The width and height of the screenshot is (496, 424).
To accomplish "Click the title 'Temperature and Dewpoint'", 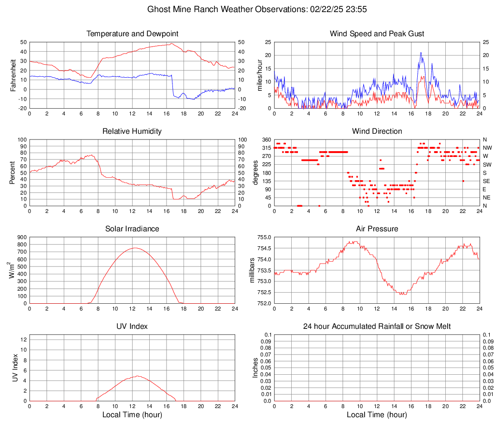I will point(132,34).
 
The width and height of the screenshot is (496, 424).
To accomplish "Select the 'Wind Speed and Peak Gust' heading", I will point(377,34).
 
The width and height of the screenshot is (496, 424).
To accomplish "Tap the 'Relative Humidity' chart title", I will point(132,131).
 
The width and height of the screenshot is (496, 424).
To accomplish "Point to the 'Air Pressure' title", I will point(377,229).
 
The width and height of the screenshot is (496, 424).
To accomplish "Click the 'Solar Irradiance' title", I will point(132,229).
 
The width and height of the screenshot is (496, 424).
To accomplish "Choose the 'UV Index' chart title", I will point(132,326).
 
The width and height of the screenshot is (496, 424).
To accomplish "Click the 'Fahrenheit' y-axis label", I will point(13,75).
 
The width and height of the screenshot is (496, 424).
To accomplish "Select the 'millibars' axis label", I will point(252,270).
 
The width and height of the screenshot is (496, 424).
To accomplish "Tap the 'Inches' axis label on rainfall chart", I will point(255,367).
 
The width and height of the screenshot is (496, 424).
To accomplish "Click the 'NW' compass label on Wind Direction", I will point(487,148).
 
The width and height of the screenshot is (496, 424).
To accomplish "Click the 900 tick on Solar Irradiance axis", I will point(22,237).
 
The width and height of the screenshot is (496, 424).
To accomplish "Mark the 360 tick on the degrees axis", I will point(265,140).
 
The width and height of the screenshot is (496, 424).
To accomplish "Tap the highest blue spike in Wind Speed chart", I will point(421,53).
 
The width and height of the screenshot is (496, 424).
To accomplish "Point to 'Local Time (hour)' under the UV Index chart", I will point(132,415).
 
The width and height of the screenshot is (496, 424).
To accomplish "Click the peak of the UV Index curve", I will point(137,376).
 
